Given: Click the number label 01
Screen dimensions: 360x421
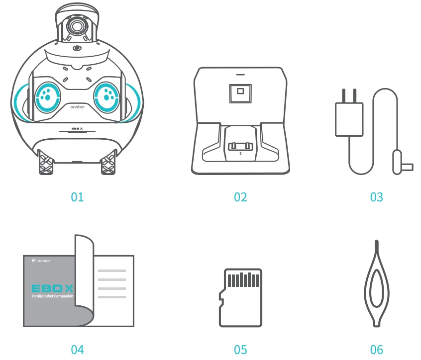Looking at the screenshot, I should (77, 197).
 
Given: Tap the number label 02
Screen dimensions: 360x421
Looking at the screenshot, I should (240, 197).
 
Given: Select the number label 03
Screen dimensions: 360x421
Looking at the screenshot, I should (377, 197).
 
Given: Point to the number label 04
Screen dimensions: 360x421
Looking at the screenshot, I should (77, 350).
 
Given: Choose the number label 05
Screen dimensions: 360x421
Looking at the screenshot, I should (240, 350).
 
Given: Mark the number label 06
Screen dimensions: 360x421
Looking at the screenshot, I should (377, 350).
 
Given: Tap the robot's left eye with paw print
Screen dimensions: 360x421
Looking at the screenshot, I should (47, 95).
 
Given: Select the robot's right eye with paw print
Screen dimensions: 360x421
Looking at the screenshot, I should (106, 95).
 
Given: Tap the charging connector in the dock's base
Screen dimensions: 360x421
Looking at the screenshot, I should (240, 147).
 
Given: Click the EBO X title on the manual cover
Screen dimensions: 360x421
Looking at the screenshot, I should (52, 288).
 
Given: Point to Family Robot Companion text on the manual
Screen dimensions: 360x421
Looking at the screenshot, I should (52, 296).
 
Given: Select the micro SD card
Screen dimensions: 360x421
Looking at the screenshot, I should (240, 297).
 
